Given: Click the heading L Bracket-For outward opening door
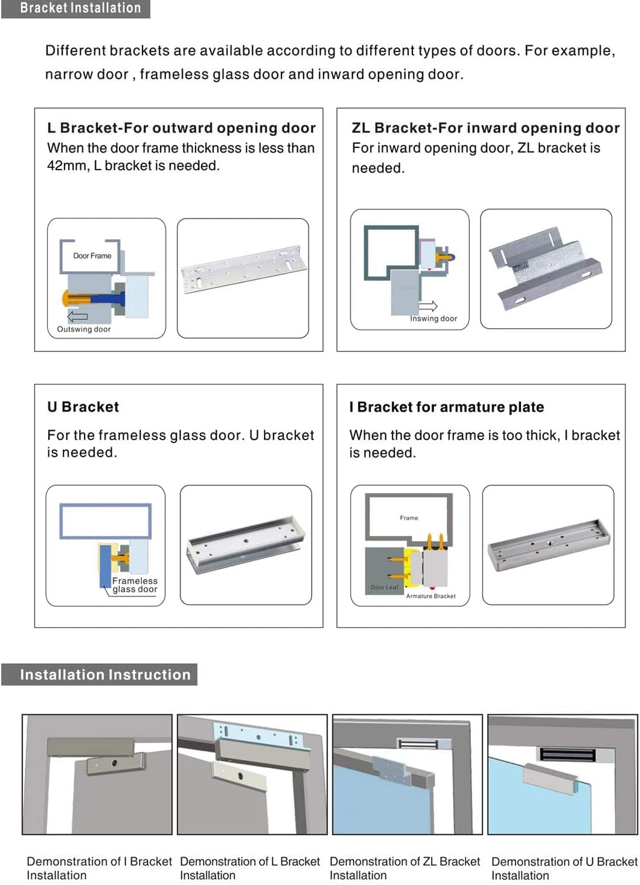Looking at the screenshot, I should [181, 128].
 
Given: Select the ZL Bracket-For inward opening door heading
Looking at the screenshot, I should [485, 128].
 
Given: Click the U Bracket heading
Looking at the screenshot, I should [83, 407].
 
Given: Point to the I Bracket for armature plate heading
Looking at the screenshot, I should [446, 407].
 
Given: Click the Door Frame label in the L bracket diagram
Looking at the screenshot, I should [92, 256].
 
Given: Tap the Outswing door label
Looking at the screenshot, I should [83, 330].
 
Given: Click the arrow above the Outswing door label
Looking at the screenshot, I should [77, 316].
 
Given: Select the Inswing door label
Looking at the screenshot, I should [433, 319].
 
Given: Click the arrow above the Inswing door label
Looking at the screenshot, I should [428, 305].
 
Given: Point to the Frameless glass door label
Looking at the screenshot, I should [135, 585].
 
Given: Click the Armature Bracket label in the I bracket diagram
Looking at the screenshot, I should [430, 596].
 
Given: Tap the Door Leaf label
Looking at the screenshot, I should [384, 587].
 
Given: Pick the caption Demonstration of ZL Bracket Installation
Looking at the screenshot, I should [405, 868].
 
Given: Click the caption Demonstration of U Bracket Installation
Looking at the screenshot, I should [564, 868].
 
